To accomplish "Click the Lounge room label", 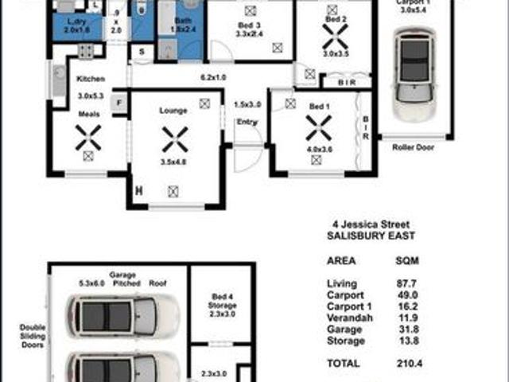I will pyautogui.click(x=173, y=111).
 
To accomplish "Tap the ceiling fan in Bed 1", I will pyautogui.click(x=318, y=125).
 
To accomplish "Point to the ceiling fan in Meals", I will pyautogui.click(x=88, y=138).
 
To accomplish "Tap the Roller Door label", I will pyautogui.click(x=414, y=147).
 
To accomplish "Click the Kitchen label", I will pyautogui.click(x=91, y=79).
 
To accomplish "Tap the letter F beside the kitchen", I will pyautogui.click(x=119, y=102).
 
